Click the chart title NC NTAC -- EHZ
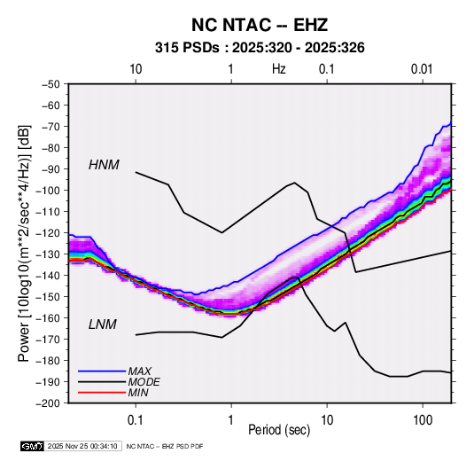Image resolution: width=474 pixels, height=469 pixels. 260,25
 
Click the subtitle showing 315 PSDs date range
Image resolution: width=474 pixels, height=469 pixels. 260,48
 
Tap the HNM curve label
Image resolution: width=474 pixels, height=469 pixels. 104,165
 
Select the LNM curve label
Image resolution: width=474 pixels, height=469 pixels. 103,324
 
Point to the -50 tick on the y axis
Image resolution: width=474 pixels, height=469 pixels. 51,84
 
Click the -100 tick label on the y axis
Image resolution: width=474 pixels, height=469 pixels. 48,191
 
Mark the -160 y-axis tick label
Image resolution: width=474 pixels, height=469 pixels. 48,318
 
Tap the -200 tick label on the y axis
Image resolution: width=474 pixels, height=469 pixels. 48,403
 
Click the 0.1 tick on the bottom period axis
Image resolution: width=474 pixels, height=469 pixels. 136,420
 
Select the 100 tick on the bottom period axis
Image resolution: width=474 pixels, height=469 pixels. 423,420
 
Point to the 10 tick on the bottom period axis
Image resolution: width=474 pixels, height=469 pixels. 327,420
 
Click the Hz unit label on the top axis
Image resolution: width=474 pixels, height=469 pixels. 279,69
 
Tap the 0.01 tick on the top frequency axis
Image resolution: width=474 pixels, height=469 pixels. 422,69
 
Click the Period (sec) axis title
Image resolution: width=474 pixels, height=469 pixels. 279,430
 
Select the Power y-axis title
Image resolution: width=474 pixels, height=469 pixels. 24,243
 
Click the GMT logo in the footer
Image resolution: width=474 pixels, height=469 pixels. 33,446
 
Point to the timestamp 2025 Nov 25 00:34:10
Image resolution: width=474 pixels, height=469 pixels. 82,446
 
